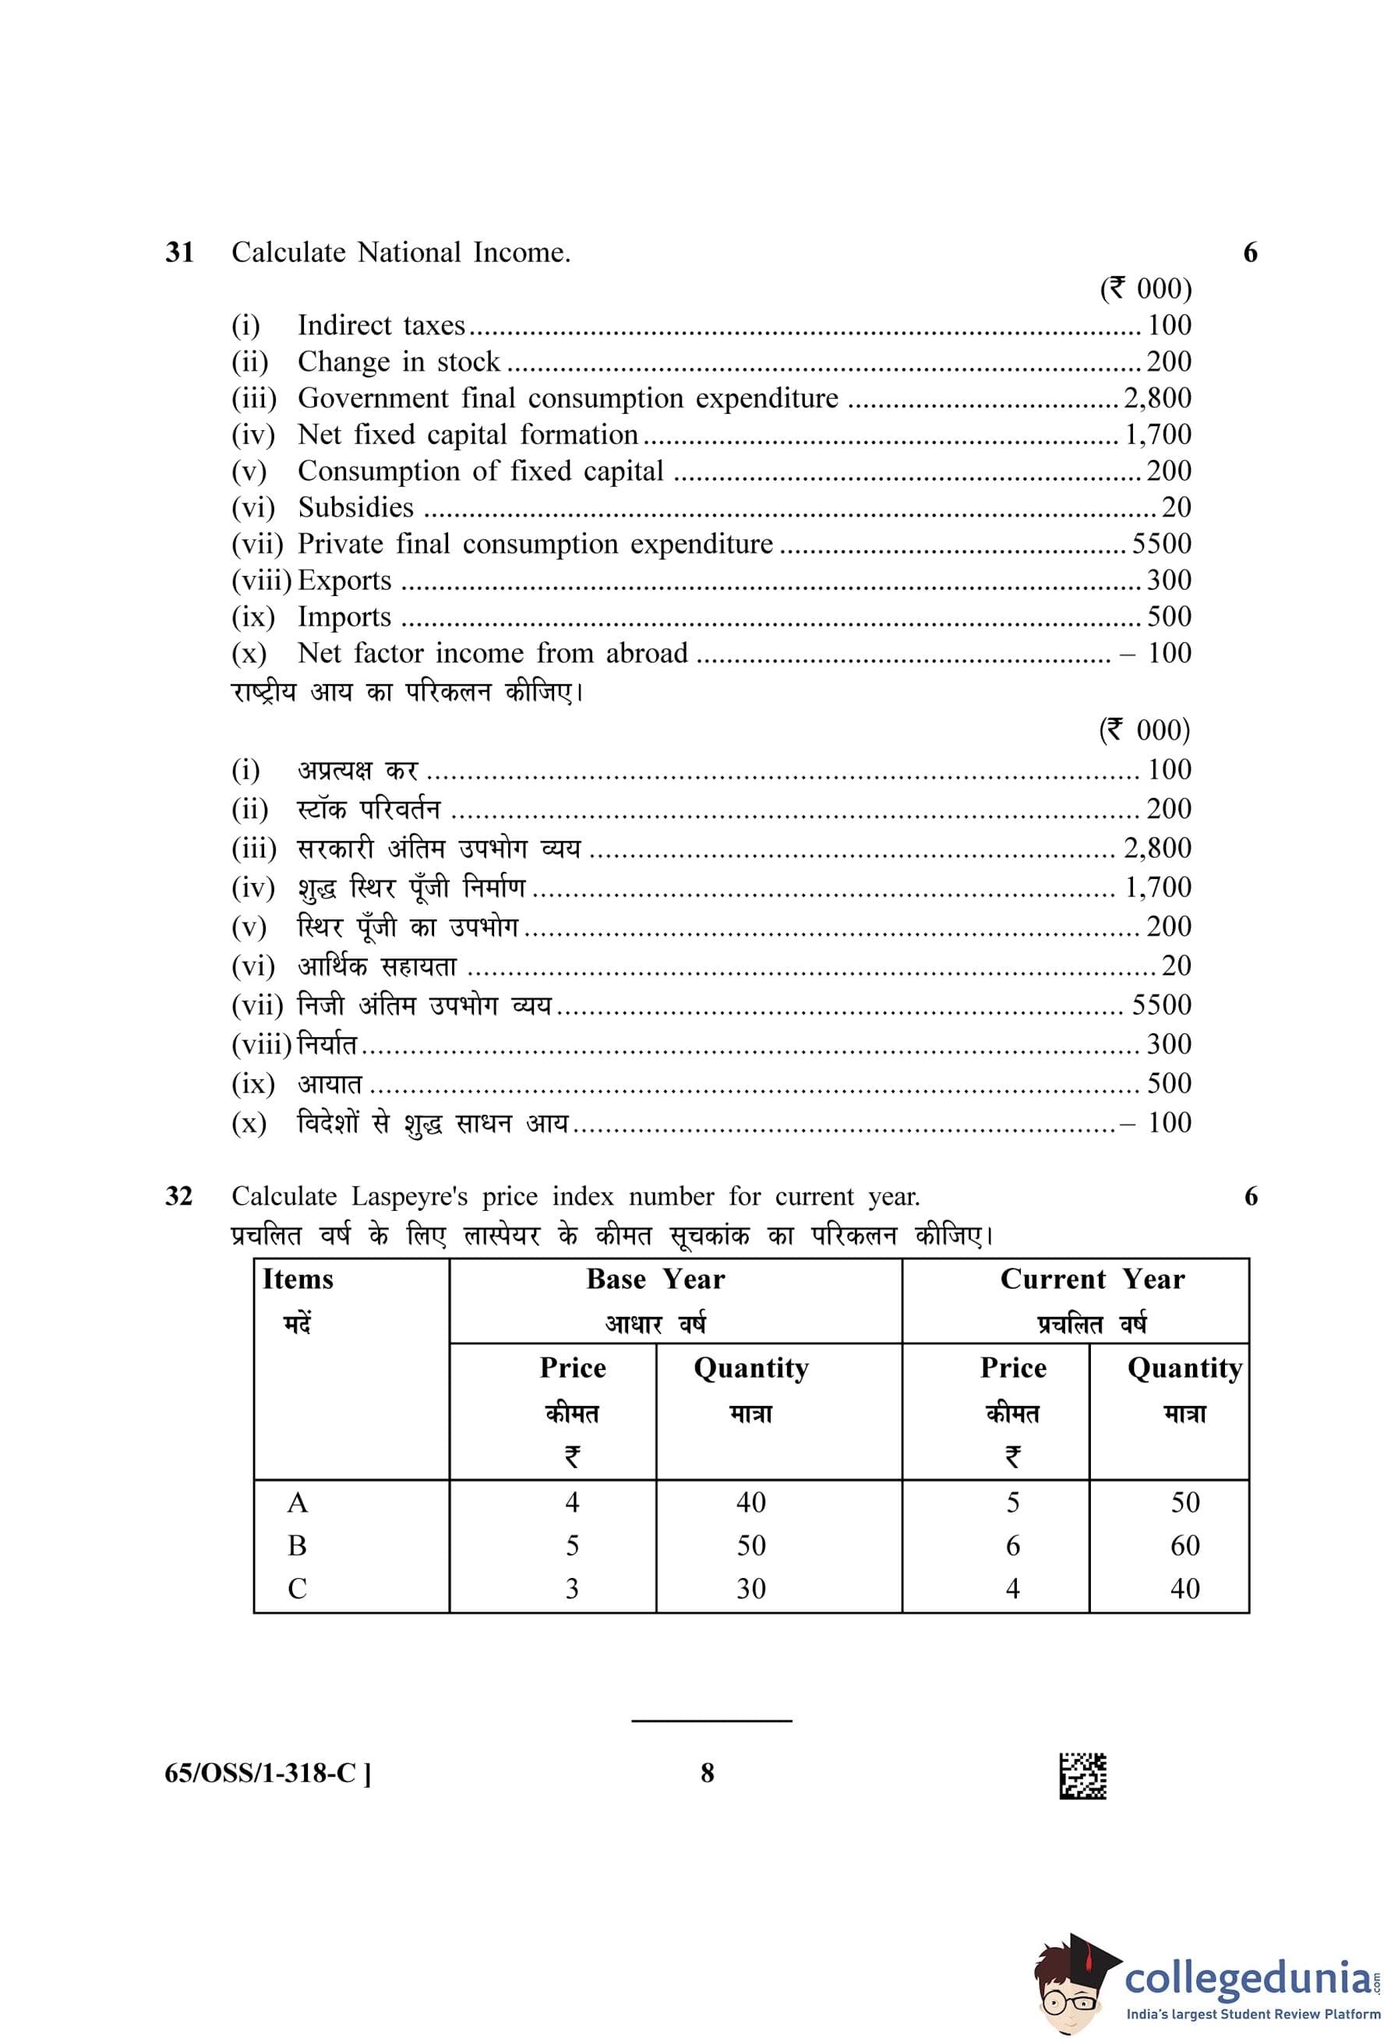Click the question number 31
[179, 253]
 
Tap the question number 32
[178, 1196]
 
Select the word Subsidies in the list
[355, 507]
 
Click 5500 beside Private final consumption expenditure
[1160, 544]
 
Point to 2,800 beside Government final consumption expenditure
[1157, 398]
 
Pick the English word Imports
[344, 616]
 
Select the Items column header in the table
[298, 1279]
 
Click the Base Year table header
[656, 1279]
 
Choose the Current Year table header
[1092, 1279]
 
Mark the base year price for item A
[571, 1502]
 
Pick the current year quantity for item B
[1184, 1545]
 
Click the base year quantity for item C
[751, 1588]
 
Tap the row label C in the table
[297, 1588]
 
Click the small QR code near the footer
[1082, 1776]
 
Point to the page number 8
[707, 1773]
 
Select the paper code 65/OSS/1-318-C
[267, 1773]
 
